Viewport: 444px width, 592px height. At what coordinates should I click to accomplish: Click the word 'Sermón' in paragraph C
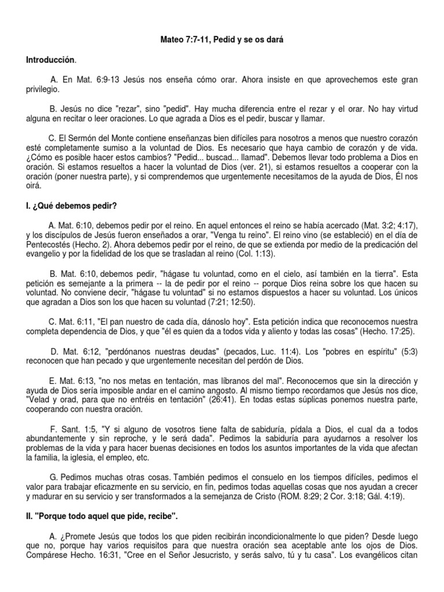pyautogui.click(x=91, y=138)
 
